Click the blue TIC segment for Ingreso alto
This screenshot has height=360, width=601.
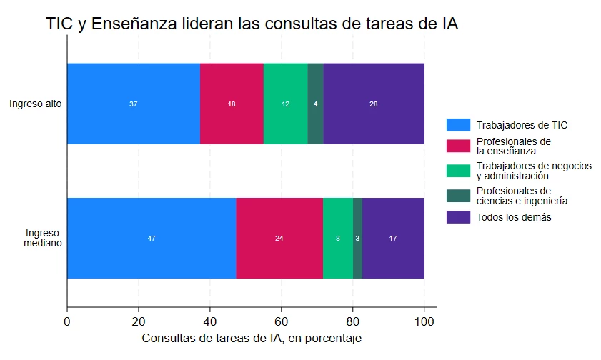134,104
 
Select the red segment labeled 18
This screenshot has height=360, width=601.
232,104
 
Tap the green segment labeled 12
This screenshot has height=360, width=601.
285,104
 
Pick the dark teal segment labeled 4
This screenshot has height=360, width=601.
315,104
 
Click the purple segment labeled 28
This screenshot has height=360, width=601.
373,104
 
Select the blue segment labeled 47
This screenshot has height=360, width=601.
152,238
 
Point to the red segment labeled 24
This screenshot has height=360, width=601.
279,238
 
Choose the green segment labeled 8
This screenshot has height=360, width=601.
337,238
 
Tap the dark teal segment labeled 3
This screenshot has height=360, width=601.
357,238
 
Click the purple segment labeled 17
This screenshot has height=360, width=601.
393,238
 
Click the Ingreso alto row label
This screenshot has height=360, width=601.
35,104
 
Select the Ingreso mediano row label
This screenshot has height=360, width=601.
43,238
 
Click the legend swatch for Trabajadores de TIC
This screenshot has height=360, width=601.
458,125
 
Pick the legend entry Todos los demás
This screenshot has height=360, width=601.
514,217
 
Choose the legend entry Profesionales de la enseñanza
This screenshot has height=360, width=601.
513,146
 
